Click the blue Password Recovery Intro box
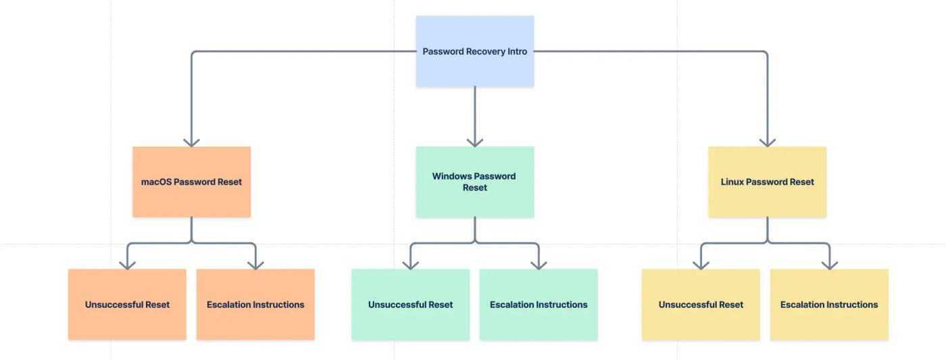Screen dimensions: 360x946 [x=474, y=51]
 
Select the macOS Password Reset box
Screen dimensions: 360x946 [x=191, y=182]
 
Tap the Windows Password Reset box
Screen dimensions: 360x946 [x=474, y=182]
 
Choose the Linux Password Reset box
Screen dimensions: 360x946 [x=767, y=182]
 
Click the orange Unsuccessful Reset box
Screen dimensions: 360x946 [x=127, y=305]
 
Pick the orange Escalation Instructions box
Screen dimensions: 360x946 [x=255, y=305]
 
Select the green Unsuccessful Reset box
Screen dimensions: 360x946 [x=410, y=305]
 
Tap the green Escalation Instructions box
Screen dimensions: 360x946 [x=539, y=305]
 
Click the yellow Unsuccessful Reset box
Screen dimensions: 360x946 [x=701, y=305]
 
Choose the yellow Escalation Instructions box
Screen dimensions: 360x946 [x=829, y=305]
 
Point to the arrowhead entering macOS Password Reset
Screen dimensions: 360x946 [x=191, y=142]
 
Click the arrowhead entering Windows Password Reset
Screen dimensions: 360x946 [x=474, y=142]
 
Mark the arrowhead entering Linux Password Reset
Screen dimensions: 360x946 [x=767, y=142]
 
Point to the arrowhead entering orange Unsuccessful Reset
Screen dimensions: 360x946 [x=127, y=265]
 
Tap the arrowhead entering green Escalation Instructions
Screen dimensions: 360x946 [x=539, y=265]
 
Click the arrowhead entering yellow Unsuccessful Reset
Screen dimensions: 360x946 [x=701, y=265]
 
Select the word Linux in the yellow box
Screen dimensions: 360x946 [x=732, y=182]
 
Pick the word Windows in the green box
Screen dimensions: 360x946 [x=452, y=176]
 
